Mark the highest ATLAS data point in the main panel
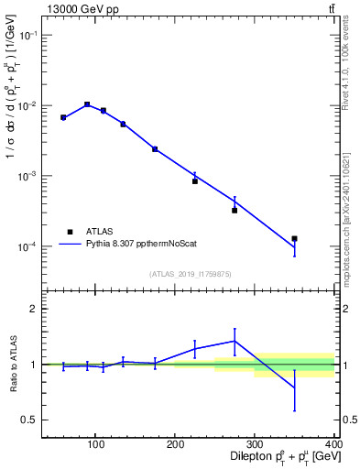coord(87,104)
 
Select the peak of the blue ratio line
coord(235,341)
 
